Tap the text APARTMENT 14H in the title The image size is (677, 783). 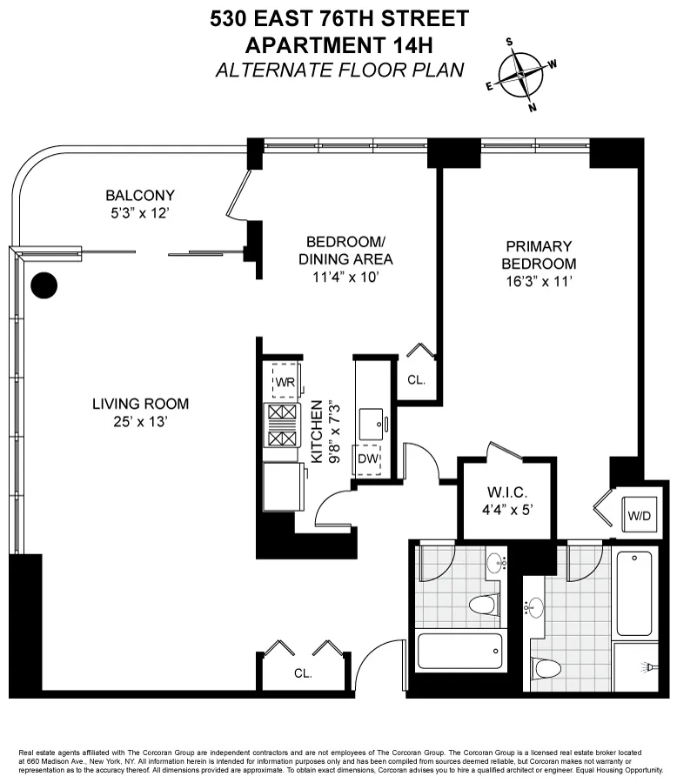338,44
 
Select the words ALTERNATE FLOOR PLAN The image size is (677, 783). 338,70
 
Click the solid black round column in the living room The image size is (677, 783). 44,284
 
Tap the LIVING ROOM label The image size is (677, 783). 140,404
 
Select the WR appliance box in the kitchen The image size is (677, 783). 285,381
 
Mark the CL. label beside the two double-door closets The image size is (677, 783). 303,673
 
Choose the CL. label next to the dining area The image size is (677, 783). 415,379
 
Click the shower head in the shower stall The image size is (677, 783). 649,666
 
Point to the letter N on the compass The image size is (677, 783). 533,108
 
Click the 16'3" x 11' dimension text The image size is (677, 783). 541,281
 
